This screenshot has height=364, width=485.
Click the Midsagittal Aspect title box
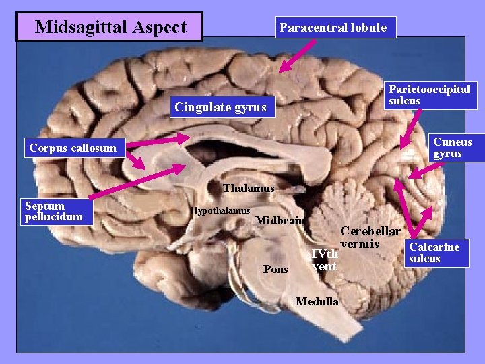(x=110, y=27)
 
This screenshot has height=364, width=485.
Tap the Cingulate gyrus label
(x=220, y=107)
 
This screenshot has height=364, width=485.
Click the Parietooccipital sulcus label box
(x=429, y=95)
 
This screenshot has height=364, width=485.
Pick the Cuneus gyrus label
(x=452, y=148)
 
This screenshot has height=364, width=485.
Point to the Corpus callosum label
(x=73, y=148)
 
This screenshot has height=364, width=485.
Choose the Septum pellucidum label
(x=53, y=211)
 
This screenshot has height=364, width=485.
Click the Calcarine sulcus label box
(x=434, y=253)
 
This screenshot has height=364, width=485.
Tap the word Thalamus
(x=249, y=188)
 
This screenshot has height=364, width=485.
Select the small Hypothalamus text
(x=220, y=211)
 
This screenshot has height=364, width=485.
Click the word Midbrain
(x=280, y=220)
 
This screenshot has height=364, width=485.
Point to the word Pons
(x=276, y=269)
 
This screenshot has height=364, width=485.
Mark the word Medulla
(x=317, y=301)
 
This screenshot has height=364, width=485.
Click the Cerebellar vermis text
(x=370, y=237)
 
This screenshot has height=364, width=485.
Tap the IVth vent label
(x=325, y=260)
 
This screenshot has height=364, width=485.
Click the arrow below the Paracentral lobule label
(x=297, y=55)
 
